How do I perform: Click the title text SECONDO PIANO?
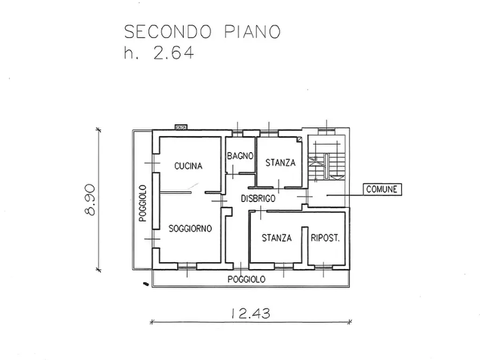coord(202,31)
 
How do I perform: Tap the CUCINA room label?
coord(188,166)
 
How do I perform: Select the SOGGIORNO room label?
coord(190,228)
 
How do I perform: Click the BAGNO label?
coord(240,156)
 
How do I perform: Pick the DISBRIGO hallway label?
coord(258,198)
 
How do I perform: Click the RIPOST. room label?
coord(325,238)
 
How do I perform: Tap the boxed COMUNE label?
coord(382,189)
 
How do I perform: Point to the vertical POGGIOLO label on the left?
coord(142,204)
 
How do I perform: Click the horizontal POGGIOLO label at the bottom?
coord(246,279)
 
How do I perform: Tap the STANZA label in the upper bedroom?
coord(280,163)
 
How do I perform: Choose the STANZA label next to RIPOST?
coord(277,237)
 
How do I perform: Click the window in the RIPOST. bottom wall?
coord(323,265)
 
